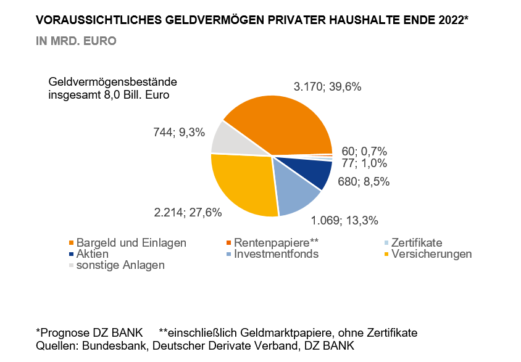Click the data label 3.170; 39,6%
click(327, 87)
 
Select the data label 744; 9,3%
click(178, 131)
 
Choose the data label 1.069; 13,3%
click(344, 220)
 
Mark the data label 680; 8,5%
click(364, 181)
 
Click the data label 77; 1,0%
click(364, 163)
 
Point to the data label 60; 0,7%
click(364, 152)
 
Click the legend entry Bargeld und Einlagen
click(131, 243)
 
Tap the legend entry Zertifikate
click(415, 243)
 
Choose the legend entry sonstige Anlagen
click(120, 265)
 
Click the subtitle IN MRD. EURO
click(77, 41)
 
